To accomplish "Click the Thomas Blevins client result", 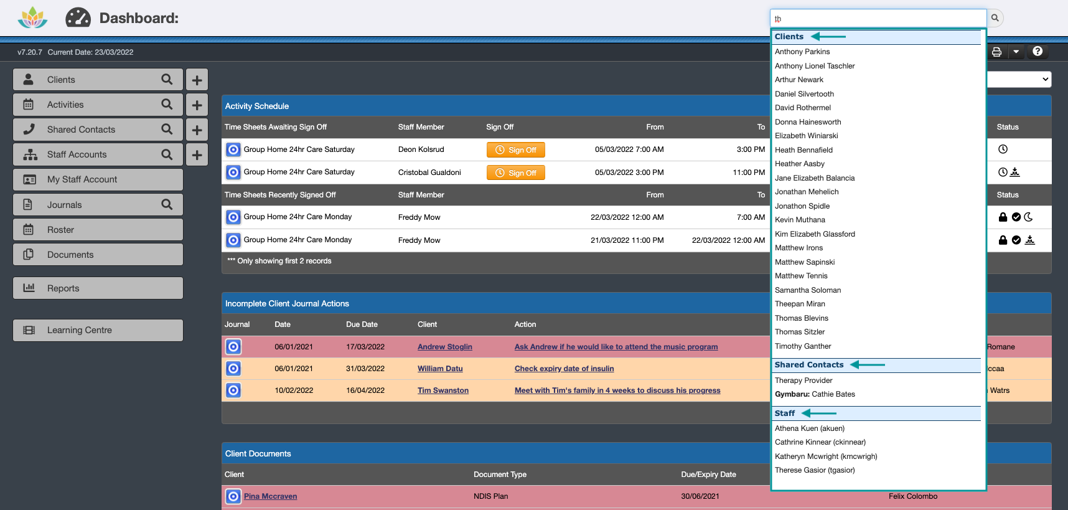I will [x=801, y=318].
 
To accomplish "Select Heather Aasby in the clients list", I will [x=799, y=164].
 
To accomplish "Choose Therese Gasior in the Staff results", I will [x=814, y=470].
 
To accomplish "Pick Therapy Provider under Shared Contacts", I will [x=803, y=380].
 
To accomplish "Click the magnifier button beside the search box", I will [x=995, y=18].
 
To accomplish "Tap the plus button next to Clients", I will [x=197, y=80].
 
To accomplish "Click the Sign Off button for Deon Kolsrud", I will [x=515, y=150].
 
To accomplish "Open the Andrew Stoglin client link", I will [x=444, y=347].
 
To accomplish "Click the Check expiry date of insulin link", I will [x=564, y=369].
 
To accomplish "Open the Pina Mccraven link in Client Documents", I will [x=270, y=496].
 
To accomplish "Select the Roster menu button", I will [x=98, y=230].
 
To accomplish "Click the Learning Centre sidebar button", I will [x=98, y=330].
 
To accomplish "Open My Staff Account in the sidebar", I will [x=98, y=179].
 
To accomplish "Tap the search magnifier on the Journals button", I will [x=167, y=204].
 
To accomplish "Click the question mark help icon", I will [x=1038, y=52].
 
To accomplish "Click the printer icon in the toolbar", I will [x=996, y=52].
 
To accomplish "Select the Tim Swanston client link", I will [x=443, y=390].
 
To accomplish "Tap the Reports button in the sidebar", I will [x=98, y=288].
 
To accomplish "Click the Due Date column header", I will [x=362, y=324].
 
